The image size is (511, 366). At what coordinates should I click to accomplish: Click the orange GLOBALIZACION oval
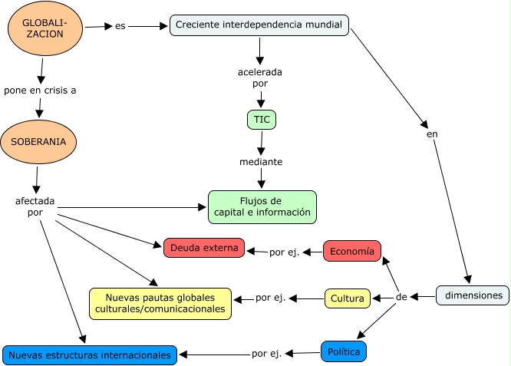pos(45,28)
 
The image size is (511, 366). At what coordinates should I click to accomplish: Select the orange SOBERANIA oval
pos(38,142)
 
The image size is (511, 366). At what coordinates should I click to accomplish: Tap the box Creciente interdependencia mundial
pos(259,25)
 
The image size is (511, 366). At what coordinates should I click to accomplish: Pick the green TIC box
pos(262,120)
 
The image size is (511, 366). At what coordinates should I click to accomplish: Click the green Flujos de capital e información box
pos(262,206)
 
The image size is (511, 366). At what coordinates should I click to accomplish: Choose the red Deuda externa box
pos(204,248)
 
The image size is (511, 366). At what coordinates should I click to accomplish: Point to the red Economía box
pos(352,251)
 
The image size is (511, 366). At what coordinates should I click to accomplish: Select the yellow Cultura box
pos(348,298)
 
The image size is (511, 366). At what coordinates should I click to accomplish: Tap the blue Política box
pos(343,351)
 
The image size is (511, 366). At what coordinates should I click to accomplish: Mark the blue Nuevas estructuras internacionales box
pos(90,355)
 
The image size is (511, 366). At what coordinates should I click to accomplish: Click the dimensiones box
pos(473,295)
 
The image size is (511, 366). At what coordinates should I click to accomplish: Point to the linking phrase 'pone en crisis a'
pos(40,90)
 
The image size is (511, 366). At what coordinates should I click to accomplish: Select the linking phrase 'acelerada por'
pos(259,77)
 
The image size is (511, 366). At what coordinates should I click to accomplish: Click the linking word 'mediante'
pos(261,162)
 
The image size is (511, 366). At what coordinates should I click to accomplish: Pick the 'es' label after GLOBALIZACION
pos(120,26)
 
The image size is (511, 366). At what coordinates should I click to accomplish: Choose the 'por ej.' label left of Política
pos(266,354)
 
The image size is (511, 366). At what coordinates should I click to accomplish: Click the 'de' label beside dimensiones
pos(401,296)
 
